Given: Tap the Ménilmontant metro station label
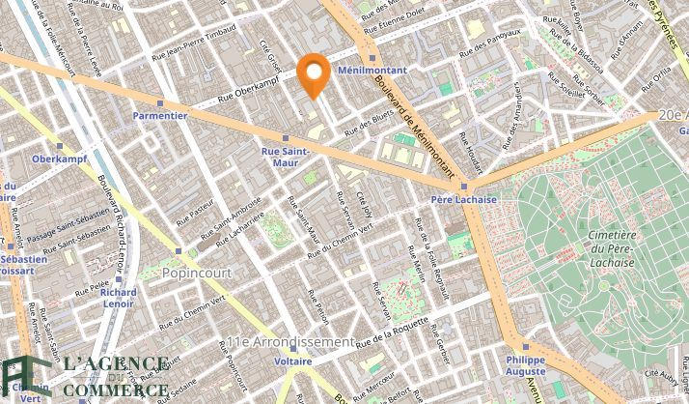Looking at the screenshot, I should point(372,71).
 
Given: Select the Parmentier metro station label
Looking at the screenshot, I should point(160,114).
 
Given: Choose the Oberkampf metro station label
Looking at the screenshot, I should point(60,159).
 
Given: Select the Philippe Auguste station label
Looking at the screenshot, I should point(526,365).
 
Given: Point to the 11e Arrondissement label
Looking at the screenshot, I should point(289,342).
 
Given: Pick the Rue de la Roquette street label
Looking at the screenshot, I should point(392,332).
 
